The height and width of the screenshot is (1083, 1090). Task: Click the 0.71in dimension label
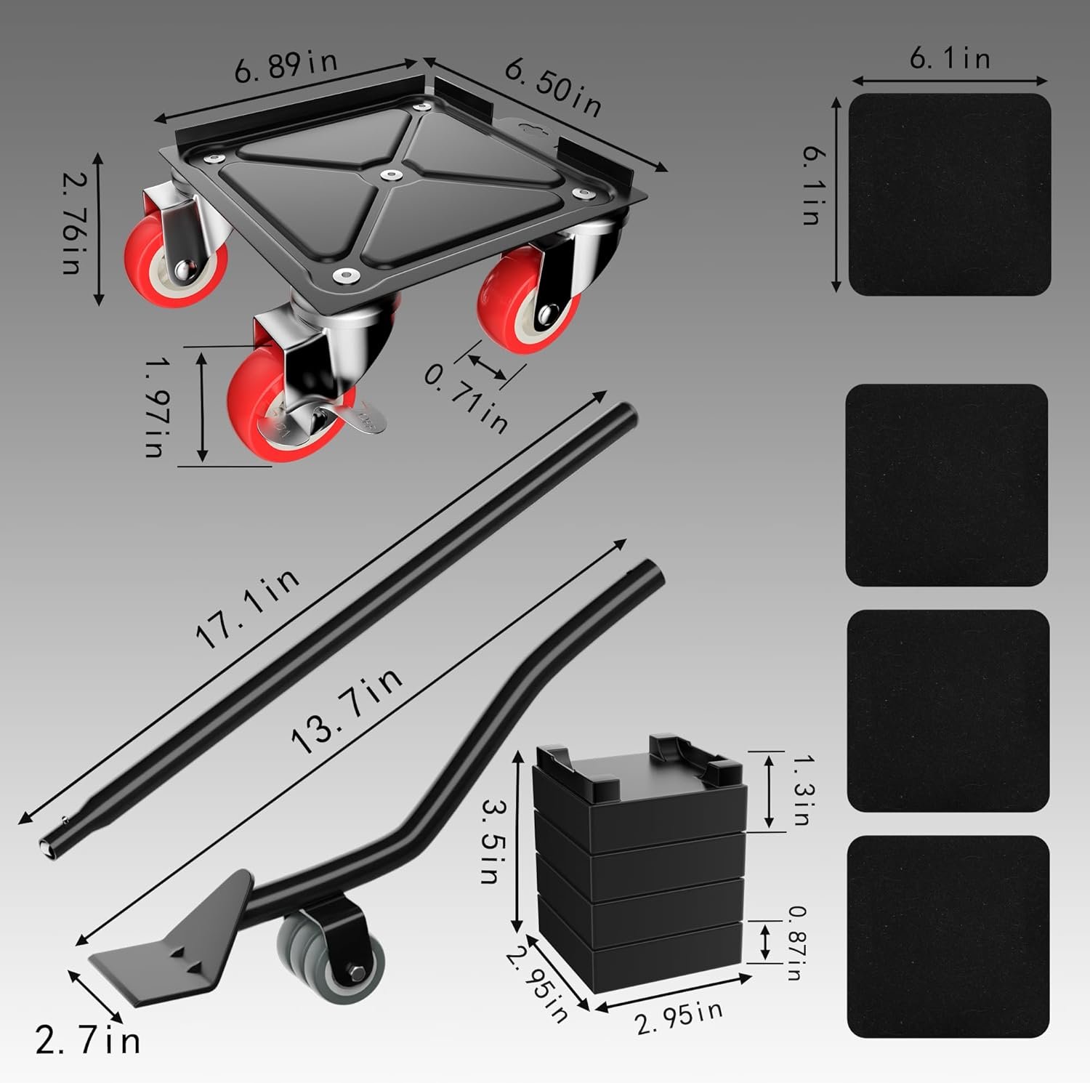coord(466,398)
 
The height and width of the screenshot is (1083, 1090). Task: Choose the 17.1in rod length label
coord(247,608)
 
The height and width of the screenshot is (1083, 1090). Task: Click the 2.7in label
coord(88,1041)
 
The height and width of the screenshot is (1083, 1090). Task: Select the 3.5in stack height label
coord(491,840)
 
